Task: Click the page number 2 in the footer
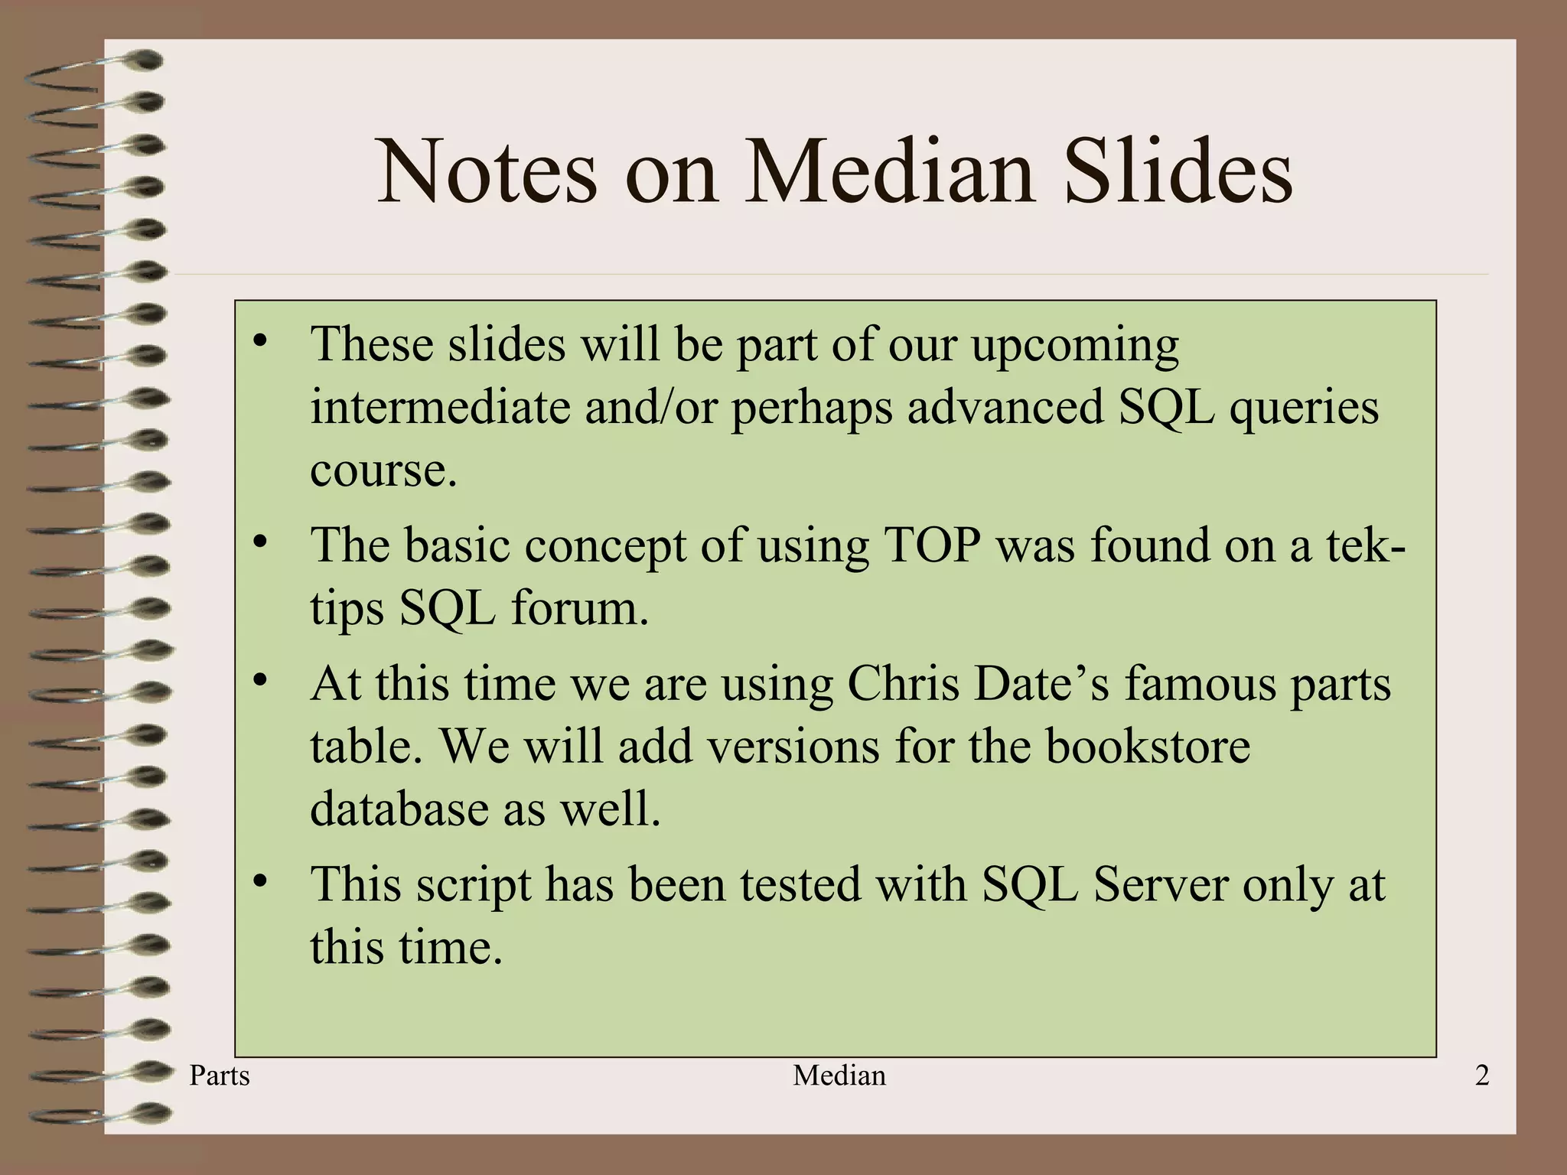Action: coord(1481,1076)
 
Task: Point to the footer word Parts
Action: coord(220,1076)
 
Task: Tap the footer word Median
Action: coord(839,1076)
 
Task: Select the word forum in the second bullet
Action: coord(579,608)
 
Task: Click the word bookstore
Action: coord(1148,746)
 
